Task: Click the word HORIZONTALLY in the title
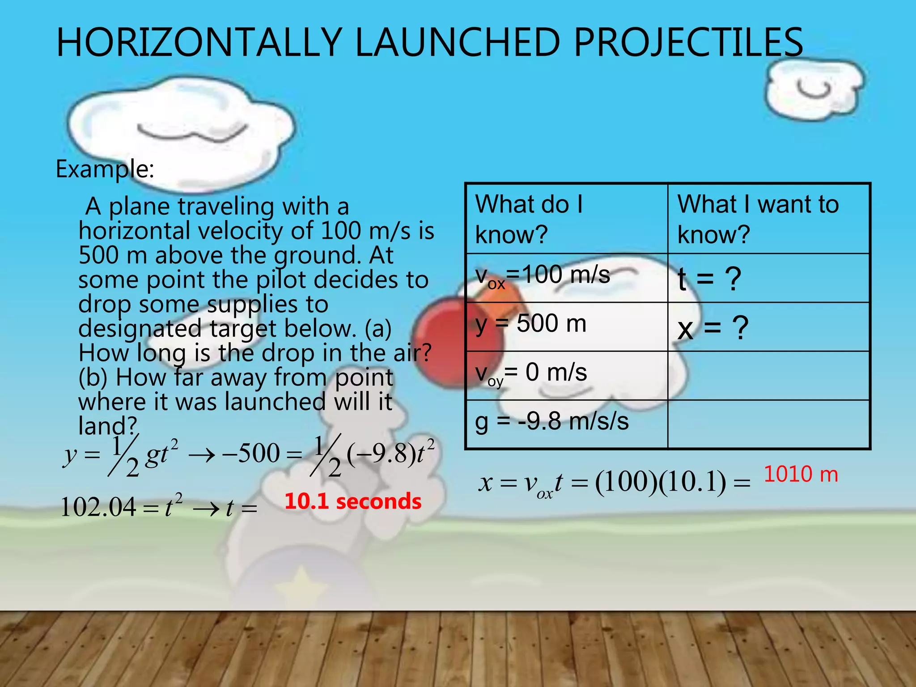click(199, 42)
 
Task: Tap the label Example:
click(105, 169)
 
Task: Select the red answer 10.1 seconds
click(353, 501)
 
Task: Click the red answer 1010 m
click(801, 474)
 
